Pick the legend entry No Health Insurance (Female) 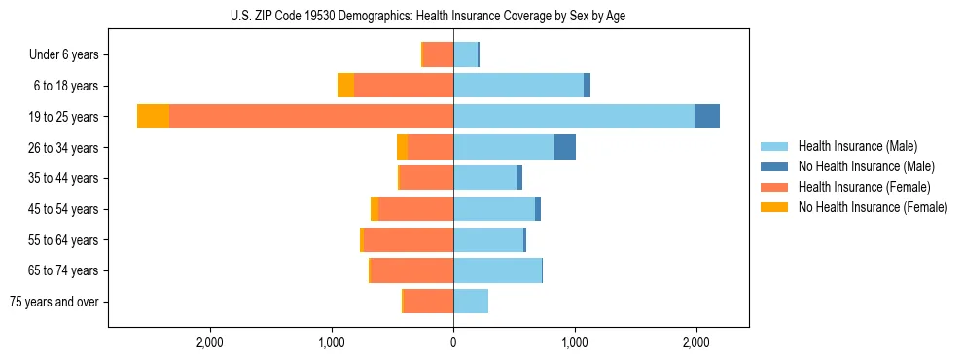point(873,207)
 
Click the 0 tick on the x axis point(453,342)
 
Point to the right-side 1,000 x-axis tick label point(574,342)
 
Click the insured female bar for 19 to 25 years point(311,117)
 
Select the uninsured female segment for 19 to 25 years point(153,117)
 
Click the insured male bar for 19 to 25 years point(574,117)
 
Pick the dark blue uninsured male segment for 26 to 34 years point(565,147)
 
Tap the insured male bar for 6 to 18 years point(518,86)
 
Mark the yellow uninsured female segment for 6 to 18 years point(345,86)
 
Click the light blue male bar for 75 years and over point(471,302)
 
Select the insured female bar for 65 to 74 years point(412,270)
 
